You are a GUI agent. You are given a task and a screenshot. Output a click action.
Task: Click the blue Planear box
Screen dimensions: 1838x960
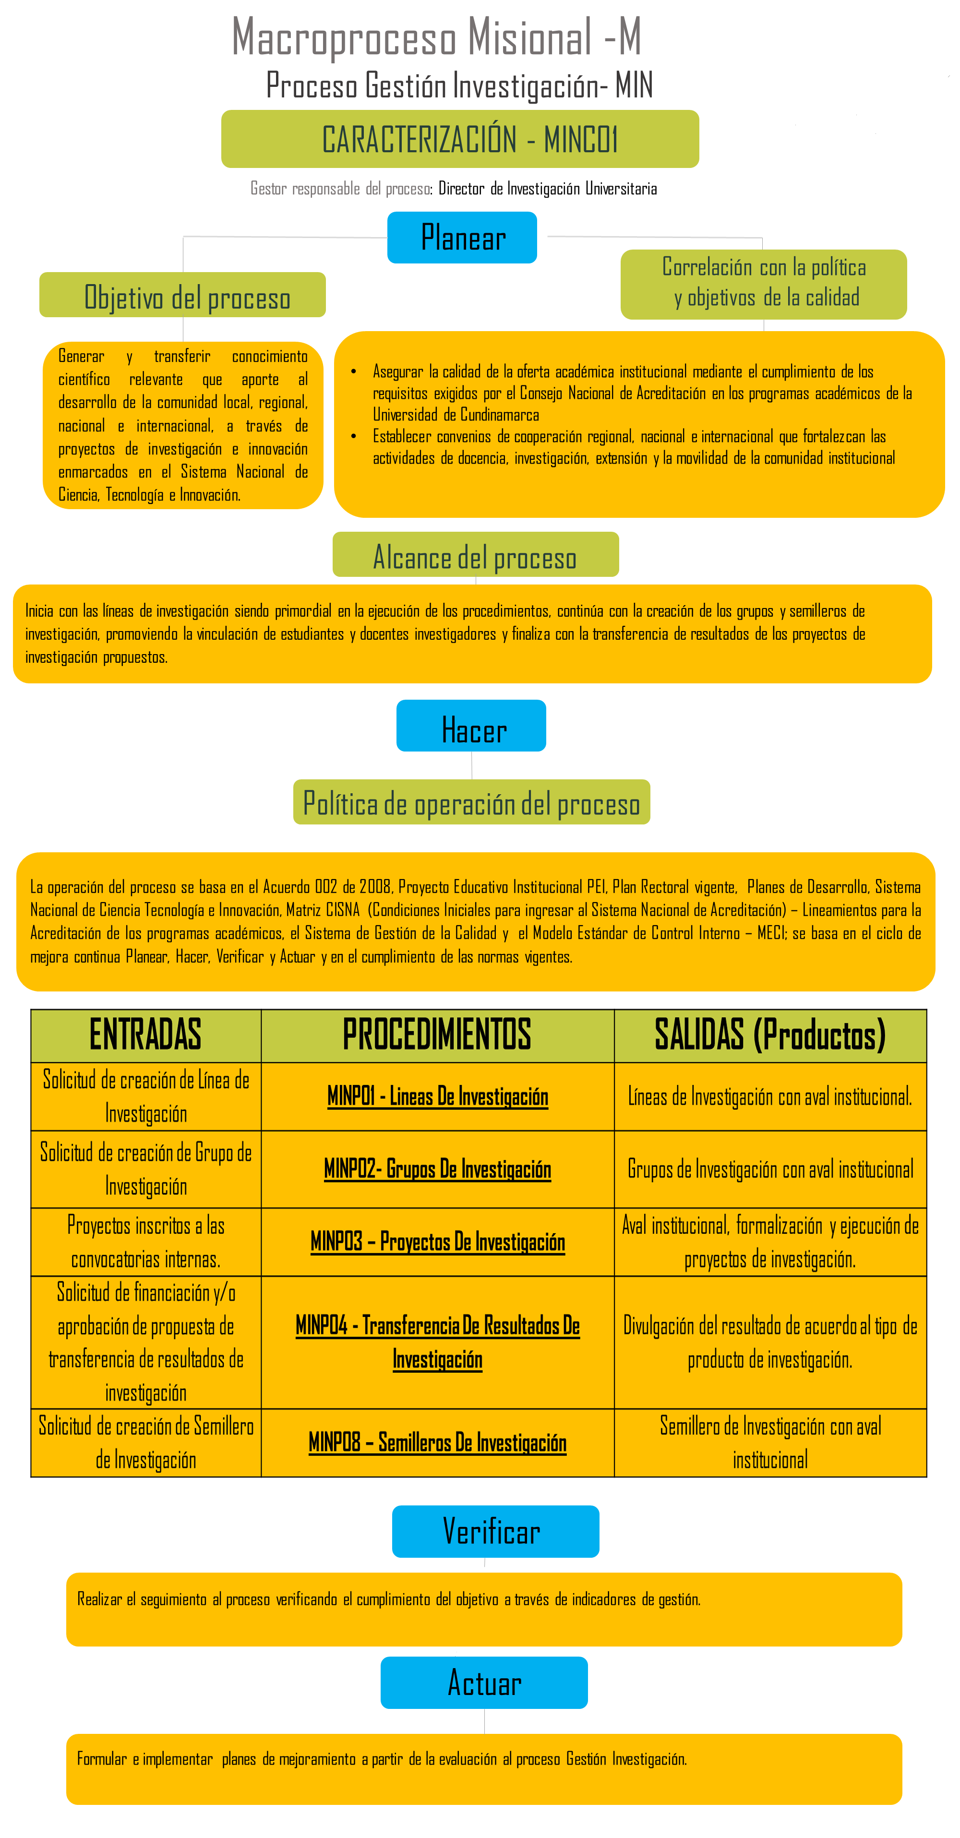(x=462, y=238)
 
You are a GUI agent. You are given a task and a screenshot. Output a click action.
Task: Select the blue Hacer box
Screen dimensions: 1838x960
(x=471, y=726)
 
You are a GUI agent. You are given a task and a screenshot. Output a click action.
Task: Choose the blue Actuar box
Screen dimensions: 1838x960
(x=484, y=1683)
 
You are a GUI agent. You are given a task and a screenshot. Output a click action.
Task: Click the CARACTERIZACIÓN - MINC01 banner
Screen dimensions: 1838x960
(x=460, y=139)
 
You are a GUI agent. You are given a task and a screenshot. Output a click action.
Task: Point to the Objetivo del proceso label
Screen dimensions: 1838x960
(x=183, y=296)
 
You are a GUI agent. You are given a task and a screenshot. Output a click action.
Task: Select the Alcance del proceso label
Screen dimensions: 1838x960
(x=475, y=555)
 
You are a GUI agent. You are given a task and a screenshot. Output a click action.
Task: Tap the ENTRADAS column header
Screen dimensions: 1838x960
(x=145, y=1035)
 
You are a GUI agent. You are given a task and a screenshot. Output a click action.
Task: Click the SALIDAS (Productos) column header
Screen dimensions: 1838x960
(x=769, y=1035)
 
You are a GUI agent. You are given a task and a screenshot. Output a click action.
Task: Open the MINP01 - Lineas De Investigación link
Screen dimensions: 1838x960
(x=438, y=1096)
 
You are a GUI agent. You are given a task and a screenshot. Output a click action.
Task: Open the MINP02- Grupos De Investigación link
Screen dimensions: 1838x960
(x=438, y=1169)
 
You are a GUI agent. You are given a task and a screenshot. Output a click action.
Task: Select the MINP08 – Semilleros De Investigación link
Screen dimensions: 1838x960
(x=438, y=1443)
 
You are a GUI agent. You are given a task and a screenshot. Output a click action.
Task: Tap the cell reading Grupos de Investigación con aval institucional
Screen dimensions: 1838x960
(x=769, y=1169)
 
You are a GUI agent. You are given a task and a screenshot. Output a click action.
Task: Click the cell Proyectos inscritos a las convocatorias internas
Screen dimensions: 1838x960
(x=145, y=1242)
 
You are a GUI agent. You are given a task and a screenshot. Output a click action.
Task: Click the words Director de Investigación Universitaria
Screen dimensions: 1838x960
(x=548, y=189)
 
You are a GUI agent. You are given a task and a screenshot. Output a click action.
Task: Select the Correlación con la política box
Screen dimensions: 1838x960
(x=763, y=283)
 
